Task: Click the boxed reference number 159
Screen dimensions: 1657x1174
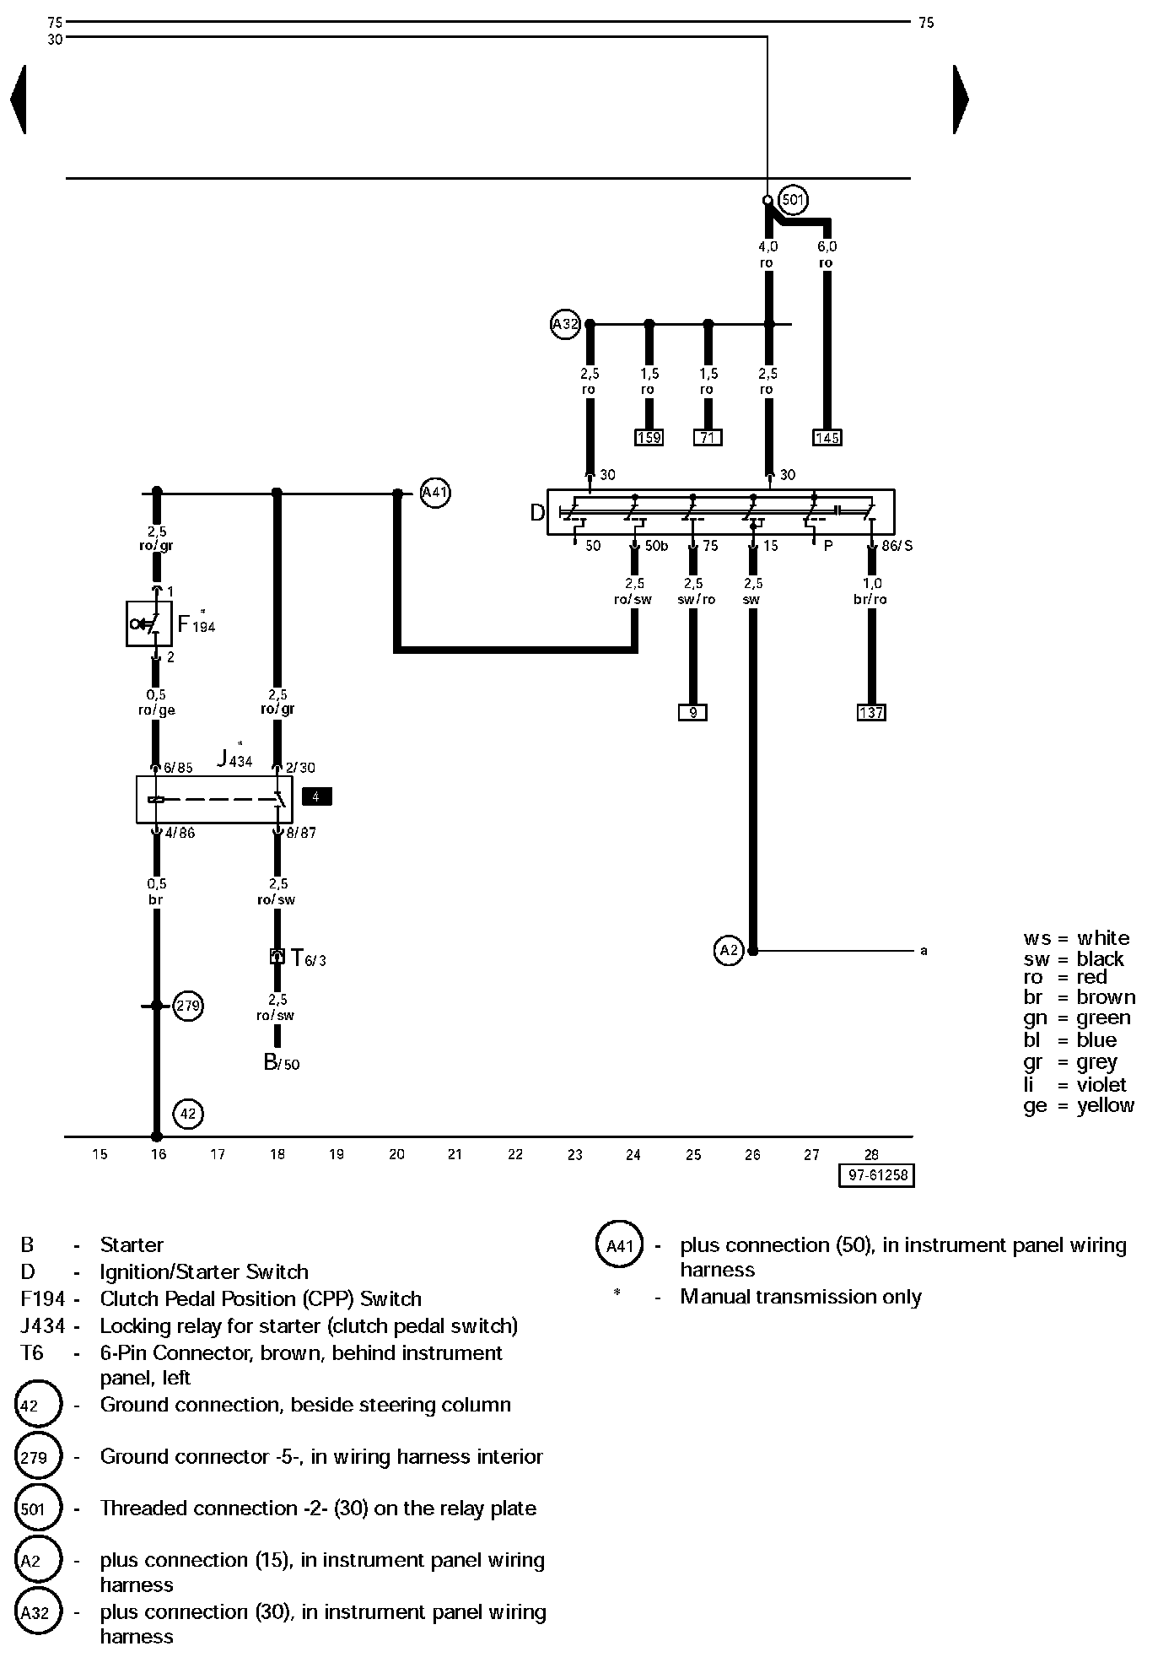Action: pyautogui.click(x=649, y=437)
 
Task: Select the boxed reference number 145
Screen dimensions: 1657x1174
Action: pyautogui.click(x=827, y=437)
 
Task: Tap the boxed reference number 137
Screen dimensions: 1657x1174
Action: pyautogui.click(x=871, y=712)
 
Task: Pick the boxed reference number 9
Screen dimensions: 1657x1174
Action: pyautogui.click(x=692, y=712)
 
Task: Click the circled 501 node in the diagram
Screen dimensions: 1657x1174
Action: pyautogui.click(x=793, y=200)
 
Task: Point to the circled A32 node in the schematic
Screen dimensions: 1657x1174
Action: pyautogui.click(x=565, y=324)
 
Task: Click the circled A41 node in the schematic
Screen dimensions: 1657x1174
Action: pyautogui.click(x=434, y=493)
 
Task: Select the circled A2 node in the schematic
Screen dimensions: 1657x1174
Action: pyautogui.click(x=729, y=951)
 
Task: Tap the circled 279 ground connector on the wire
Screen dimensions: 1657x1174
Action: pyautogui.click(x=188, y=1006)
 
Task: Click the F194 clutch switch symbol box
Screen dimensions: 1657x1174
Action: pyautogui.click(x=148, y=624)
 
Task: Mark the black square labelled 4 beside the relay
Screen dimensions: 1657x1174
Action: pyautogui.click(x=316, y=796)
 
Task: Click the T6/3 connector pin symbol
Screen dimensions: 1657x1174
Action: pyautogui.click(x=277, y=956)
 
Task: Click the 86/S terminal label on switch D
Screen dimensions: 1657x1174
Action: pyautogui.click(x=897, y=546)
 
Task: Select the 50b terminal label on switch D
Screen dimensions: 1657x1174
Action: pyautogui.click(x=656, y=546)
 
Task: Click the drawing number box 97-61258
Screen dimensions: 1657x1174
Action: pyautogui.click(x=876, y=1175)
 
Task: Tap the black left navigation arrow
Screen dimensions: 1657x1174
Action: pyautogui.click(x=18, y=99)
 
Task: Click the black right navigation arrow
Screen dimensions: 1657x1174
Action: pyautogui.click(x=961, y=99)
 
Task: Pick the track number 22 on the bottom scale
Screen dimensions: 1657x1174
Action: pyautogui.click(x=515, y=1154)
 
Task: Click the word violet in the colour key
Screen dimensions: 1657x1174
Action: pyautogui.click(x=1101, y=1084)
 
